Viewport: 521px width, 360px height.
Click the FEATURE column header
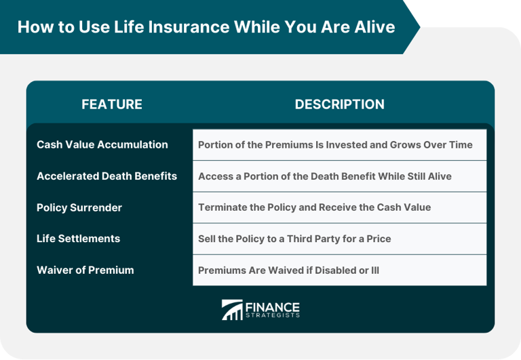coord(112,104)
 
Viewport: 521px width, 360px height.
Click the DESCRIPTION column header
coord(339,104)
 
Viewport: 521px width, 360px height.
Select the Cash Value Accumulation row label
coord(102,144)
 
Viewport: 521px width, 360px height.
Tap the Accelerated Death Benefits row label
coord(107,176)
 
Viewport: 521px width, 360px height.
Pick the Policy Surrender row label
coord(79,207)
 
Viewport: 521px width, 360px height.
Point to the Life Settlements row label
coord(78,239)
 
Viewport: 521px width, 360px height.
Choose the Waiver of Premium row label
coord(85,270)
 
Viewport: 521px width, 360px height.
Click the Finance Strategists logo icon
coord(232,309)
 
